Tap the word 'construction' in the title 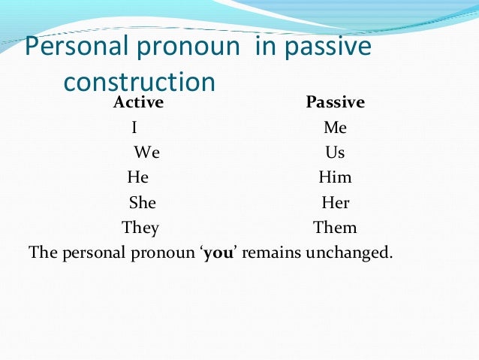(x=141, y=80)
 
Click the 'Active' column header (x=138, y=103)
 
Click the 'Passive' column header (x=335, y=103)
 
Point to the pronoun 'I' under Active (x=134, y=128)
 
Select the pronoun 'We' (x=147, y=153)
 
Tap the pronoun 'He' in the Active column (x=138, y=177)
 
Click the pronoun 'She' (x=143, y=202)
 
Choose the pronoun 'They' (x=140, y=227)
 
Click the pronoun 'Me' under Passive (x=335, y=128)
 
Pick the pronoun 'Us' (x=335, y=153)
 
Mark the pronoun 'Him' (x=335, y=177)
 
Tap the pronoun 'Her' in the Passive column (x=336, y=202)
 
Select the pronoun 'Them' (x=335, y=227)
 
